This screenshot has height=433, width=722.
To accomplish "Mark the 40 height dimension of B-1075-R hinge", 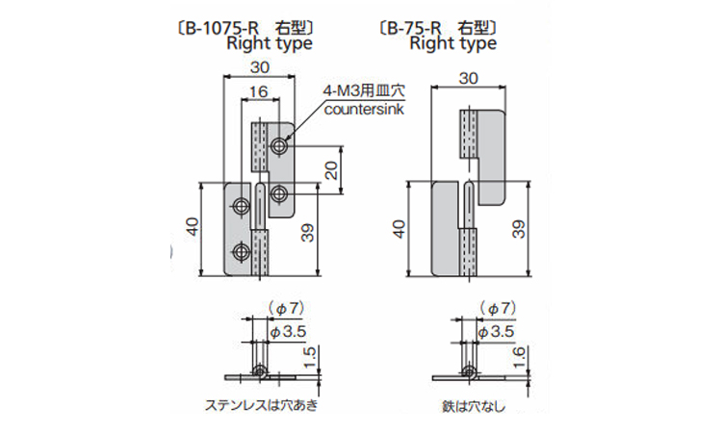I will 193,227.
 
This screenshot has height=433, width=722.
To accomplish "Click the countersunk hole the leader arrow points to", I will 279,145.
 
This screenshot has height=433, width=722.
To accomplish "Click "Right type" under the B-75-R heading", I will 452,43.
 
